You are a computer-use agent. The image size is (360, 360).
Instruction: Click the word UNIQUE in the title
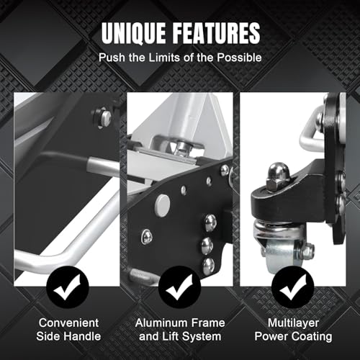coord(133,33)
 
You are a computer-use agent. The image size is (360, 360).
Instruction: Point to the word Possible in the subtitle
coord(239,58)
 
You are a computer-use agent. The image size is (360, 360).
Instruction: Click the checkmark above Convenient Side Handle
coord(68,287)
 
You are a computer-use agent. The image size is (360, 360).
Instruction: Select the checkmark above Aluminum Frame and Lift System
coord(180,287)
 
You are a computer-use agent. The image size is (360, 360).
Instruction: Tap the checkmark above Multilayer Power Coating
coord(292,287)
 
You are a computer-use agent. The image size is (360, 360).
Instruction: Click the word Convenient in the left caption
coord(68,323)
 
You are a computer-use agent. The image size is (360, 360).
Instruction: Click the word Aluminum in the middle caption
coord(159,323)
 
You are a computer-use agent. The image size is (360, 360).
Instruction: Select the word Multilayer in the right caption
coord(293,323)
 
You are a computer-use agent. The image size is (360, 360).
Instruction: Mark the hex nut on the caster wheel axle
coord(307,250)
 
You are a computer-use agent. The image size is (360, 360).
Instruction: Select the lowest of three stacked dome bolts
coord(208,266)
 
